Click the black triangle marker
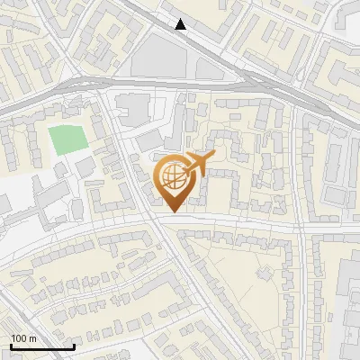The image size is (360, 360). pos(182,24)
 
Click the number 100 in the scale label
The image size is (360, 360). pos(19,338)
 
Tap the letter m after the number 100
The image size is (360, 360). pos(32,338)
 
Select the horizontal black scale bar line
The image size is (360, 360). pos(42,346)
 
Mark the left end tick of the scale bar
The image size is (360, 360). pos(11,346)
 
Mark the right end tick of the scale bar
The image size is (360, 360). pos(74,346)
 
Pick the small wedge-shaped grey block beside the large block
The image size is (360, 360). pos(206,67)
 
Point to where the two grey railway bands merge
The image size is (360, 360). pos(270,83)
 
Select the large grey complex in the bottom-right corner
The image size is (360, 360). pos(351,297)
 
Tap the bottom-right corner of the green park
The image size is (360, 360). pos(86,151)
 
